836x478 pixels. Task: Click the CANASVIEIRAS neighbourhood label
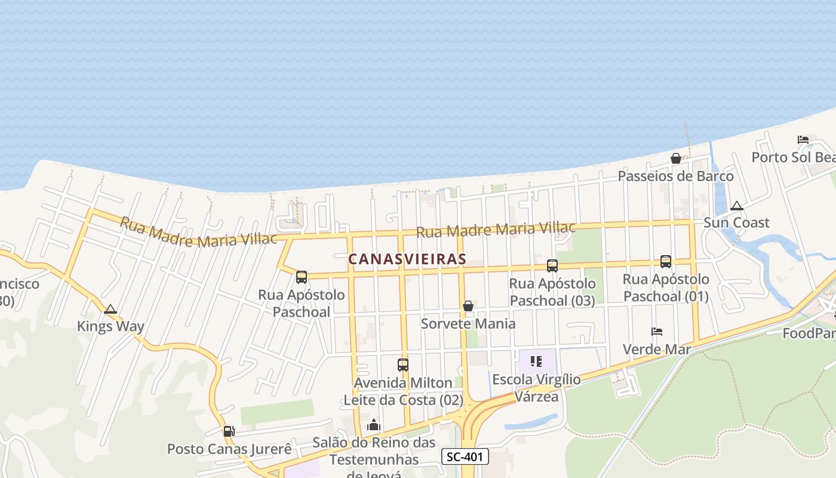pyautogui.click(x=407, y=259)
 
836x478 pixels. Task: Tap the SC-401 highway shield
pyautogui.click(x=465, y=457)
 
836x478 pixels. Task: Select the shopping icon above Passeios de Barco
pyautogui.click(x=676, y=158)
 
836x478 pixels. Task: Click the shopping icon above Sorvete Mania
pyautogui.click(x=468, y=306)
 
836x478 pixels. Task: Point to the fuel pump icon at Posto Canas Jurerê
pyautogui.click(x=228, y=431)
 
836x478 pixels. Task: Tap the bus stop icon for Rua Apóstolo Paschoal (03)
pyautogui.click(x=552, y=266)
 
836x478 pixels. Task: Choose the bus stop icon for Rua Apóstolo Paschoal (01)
pyautogui.click(x=666, y=261)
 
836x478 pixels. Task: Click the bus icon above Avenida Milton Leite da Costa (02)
pyautogui.click(x=403, y=364)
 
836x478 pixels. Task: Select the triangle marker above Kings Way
pyautogui.click(x=110, y=310)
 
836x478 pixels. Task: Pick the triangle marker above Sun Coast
pyautogui.click(x=737, y=206)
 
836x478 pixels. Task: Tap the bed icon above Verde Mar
pyautogui.click(x=657, y=332)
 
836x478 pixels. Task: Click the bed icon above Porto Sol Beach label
pyautogui.click(x=803, y=140)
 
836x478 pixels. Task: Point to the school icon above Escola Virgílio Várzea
pyautogui.click(x=536, y=361)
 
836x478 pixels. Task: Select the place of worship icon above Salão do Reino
pyautogui.click(x=374, y=425)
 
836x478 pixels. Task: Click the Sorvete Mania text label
pyautogui.click(x=468, y=324)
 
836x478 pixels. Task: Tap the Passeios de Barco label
pyautogui.click(x=675, y=176)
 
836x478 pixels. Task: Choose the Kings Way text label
pyautogui.click(x=110, y=326)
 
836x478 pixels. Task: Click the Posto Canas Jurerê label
pyautogui.click(x=229, y=449)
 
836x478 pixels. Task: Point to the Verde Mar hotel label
pyautogui.click(x=657, y=350)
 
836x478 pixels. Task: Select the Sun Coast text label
pyautogui.click(x=736, y=223)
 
